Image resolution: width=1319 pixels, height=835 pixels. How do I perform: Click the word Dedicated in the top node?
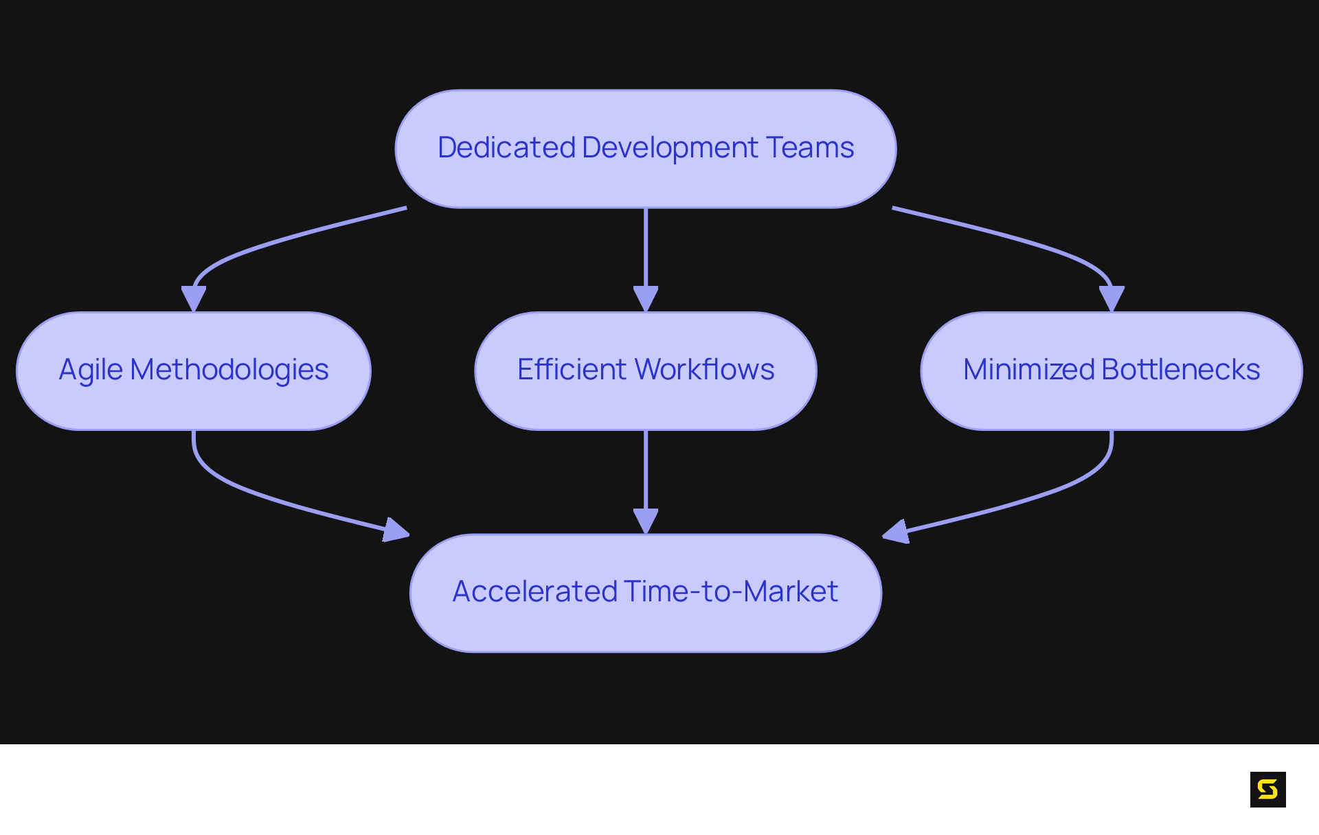(506, 148)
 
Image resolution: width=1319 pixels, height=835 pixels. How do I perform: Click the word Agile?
(91, 370)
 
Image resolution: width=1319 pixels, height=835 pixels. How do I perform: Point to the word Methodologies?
(229, 370)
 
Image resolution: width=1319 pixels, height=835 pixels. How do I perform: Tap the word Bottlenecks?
(1180, 370)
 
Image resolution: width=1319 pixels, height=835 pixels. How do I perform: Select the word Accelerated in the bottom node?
(535, 592)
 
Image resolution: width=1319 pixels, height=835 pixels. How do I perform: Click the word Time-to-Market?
(731, 592)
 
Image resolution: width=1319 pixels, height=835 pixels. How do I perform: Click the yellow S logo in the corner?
(1267, 789)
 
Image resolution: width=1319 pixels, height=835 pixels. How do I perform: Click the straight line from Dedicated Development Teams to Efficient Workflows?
(646, 247)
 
